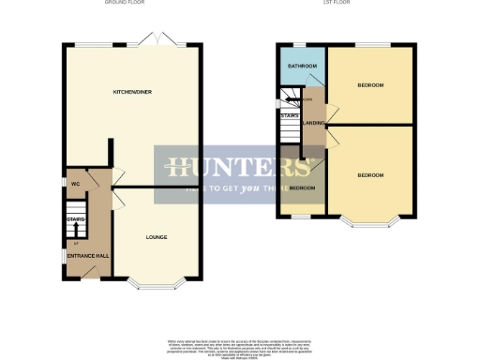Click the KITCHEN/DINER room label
pos(132,93)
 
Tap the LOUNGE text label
pos(157,236)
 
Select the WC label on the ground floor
pos(74,184)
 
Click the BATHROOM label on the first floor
pos(301,67)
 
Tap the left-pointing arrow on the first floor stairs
pos(282,101)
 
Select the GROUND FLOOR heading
pos(131,4)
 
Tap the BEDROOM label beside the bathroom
pos(370,85)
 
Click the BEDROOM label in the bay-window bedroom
pos(370,175)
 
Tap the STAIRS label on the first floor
pos(290,115)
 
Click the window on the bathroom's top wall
pos(300,44)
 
